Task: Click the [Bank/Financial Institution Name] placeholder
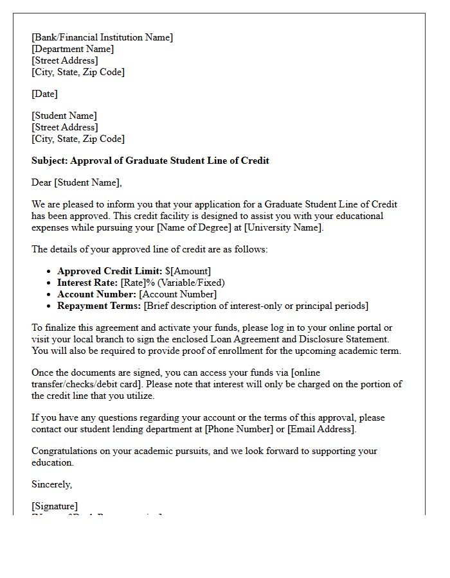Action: [x=102, y=37]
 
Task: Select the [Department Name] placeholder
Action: [x=73, y=49]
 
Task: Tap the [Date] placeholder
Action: [x=44, y=94]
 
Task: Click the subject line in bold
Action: [x=150, y=161]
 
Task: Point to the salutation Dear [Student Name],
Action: [x=76, y=182]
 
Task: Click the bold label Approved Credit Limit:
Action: [x=109, y=271]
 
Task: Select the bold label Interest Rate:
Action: [x=87, y=283]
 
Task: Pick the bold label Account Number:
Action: [x=96, y=294]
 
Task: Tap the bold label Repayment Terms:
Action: [x=99, y=306]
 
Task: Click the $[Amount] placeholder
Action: [x=188, y=271]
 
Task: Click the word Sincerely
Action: [x=51, y=484]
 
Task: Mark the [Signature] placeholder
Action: [x=55, y=506]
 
